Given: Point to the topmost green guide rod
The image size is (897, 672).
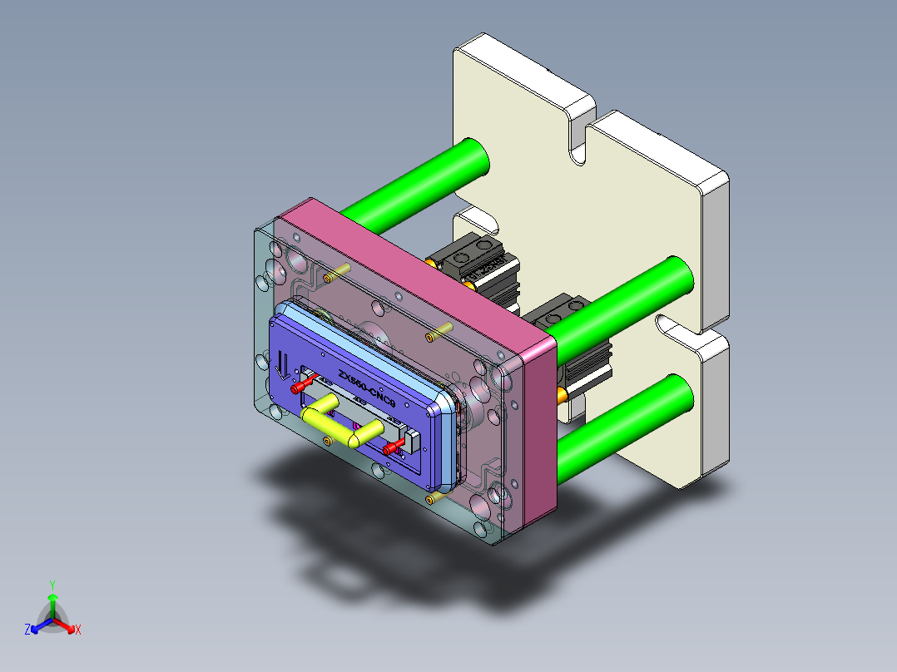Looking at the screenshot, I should click(x=416, y=183).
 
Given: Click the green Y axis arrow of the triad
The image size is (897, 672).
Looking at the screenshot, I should click(x=52, y=597).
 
